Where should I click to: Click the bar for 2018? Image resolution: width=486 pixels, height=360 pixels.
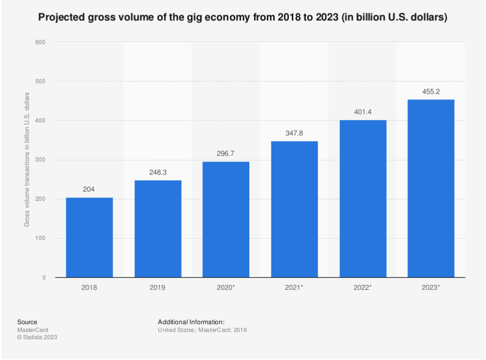point(90,237)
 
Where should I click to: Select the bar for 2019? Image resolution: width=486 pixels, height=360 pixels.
point(158,228)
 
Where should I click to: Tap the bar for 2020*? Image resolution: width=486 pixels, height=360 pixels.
point(226,219)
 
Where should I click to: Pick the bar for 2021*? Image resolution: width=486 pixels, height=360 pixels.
point(294,209)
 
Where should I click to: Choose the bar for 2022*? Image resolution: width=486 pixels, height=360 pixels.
point(363,198)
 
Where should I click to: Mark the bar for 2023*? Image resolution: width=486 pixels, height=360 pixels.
point(431,188)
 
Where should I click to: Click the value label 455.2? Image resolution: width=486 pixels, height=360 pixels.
point(431,91)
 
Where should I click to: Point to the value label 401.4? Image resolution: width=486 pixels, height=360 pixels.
point(363,112)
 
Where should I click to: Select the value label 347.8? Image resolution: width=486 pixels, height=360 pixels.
point(294,133)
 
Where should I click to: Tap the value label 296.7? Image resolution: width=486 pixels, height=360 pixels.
point(226,153)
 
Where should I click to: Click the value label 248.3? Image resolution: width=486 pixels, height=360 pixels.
point(158,172)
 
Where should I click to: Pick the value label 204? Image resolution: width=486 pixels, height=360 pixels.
point(90,190)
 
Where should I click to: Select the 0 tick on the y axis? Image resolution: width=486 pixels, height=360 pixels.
point(44,278)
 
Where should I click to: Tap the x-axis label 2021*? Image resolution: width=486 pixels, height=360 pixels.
point(294,287)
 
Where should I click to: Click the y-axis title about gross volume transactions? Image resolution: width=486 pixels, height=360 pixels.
point(27,160)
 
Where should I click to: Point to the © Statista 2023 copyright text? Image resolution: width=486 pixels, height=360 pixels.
point(37,337)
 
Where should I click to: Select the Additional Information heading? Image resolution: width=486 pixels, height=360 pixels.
point(191,322)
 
